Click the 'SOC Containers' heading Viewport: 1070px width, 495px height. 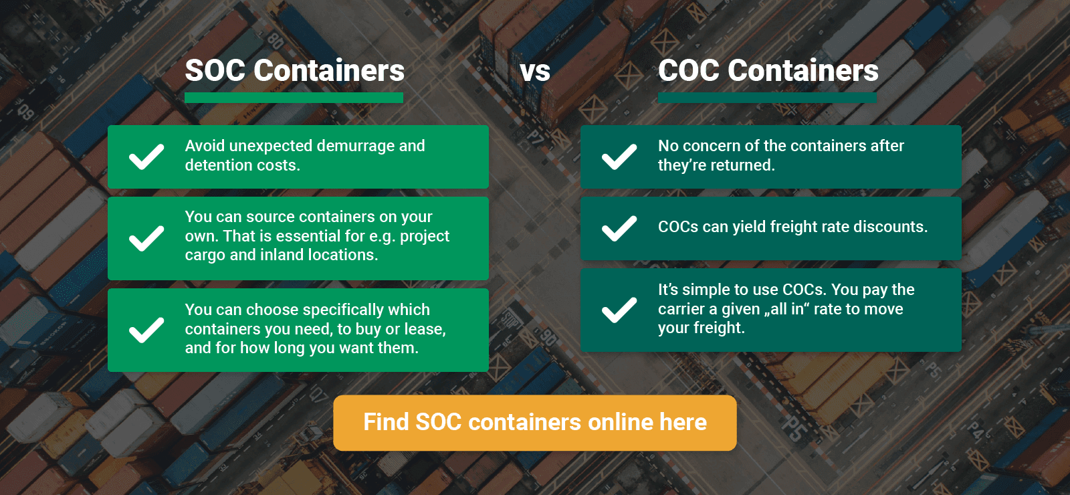(x=294, y=71)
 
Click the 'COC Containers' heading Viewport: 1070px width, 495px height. (x=768, y=71)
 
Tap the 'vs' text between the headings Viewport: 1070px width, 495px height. (x=535, y=72)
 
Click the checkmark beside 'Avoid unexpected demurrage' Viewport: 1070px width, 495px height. (x=146, y=157)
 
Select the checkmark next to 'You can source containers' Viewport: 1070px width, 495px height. (x=146, y=238)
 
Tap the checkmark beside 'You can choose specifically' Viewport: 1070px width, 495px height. (x=146, y=330)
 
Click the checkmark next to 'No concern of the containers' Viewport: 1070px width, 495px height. (x=619, y=157)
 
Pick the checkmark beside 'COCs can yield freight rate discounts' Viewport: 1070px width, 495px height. (x=619, y=228)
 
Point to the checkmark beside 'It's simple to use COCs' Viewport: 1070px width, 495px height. (x=619, y=310)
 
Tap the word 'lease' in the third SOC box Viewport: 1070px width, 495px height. (x=424, y=330)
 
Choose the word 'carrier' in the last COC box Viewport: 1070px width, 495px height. (x=681, y=310)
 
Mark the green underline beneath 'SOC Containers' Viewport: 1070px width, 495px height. (x=294, y=98)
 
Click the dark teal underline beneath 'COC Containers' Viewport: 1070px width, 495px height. (x=767, y=98)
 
